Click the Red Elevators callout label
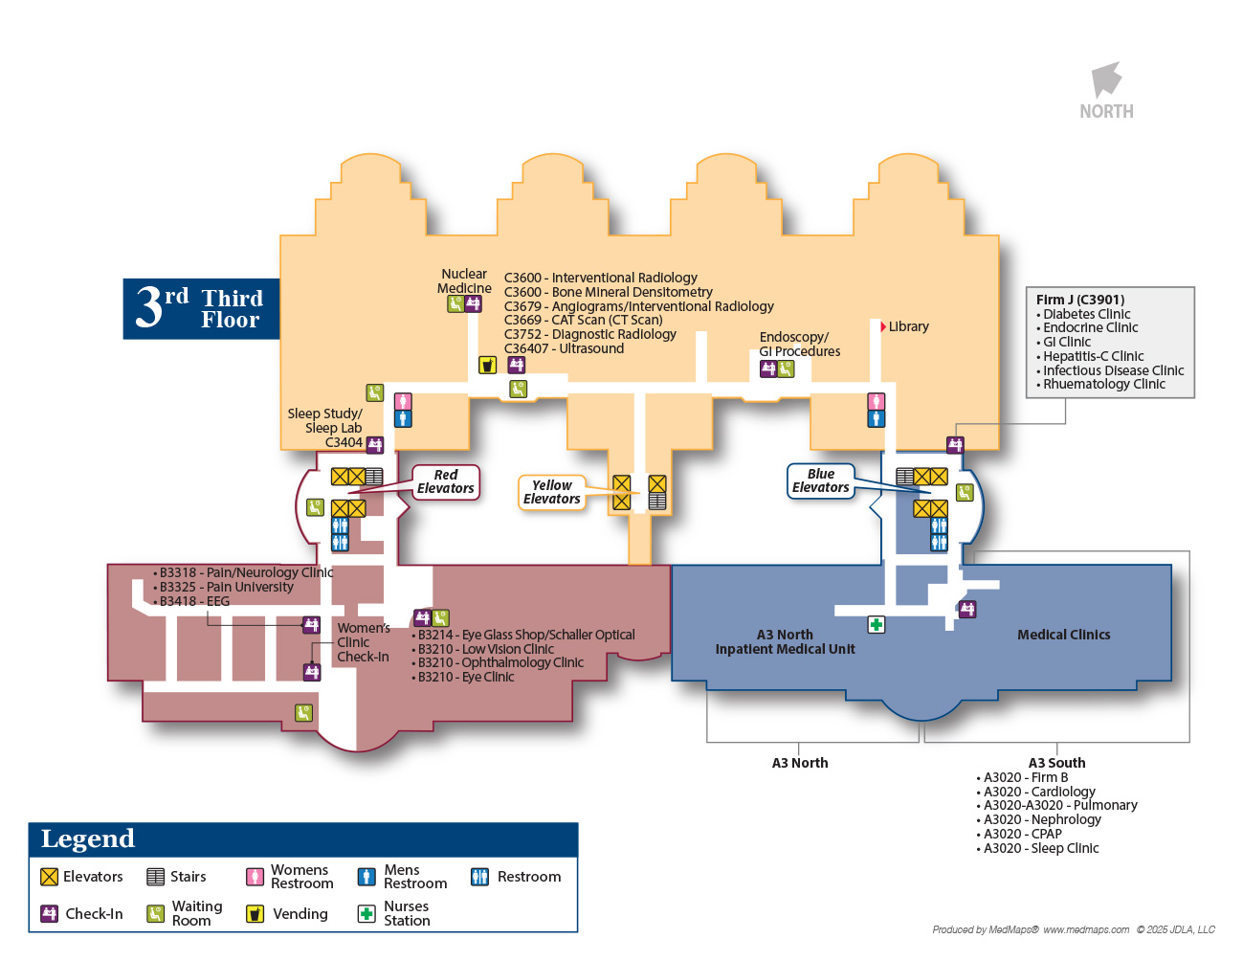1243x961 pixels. click(445, 481)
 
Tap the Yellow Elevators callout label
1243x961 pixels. click(551, 492)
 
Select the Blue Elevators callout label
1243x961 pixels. click(820, 480)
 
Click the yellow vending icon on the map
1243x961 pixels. click(487, 365)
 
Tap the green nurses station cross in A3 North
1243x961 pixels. click(876, 625)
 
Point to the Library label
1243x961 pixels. click(908, 326)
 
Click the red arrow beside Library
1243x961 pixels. click(882, 326)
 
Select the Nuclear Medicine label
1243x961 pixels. click(464, 281)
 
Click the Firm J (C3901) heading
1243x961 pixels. click(1079, 300)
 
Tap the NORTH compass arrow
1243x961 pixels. click(1106, 79)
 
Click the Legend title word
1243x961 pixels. click(87, 839)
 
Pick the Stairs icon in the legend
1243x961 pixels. click(155, 877)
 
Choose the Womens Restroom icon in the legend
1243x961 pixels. click(255, 877)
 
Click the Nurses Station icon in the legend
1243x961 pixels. click(366, 914)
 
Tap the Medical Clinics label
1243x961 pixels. click(1063, 635)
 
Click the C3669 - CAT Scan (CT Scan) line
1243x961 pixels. click(583, 320)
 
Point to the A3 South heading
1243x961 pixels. click(1056, 763)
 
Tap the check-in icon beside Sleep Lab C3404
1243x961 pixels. click(375, 444)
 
